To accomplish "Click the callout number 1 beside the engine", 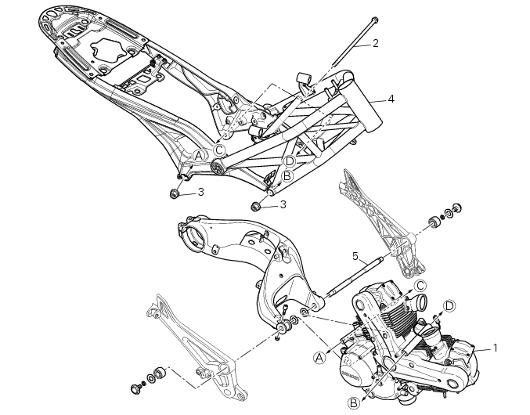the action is tap(496, 348).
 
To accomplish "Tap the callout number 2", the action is tap(375, 43).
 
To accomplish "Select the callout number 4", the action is tap(391, 99).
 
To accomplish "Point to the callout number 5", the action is tap(355, 256).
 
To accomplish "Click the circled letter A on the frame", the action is tap(199, 156).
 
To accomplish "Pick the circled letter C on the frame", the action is tap(219, 150).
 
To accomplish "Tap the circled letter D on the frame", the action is tap(290, 161).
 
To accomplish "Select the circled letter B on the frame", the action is tap(287, 175).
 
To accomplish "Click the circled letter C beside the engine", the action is tap(420, 286).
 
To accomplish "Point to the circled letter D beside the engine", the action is tap(449, 306).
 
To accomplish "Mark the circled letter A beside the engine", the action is tap(319, 358).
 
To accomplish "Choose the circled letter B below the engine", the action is tap(354, 403).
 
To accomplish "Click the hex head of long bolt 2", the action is tap(374, 20).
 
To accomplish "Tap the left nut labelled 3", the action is tap(174, 193).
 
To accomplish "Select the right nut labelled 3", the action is tap(255, 205).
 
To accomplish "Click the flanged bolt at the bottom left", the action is tap(135, 388).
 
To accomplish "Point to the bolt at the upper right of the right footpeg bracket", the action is tap(456, 207).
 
